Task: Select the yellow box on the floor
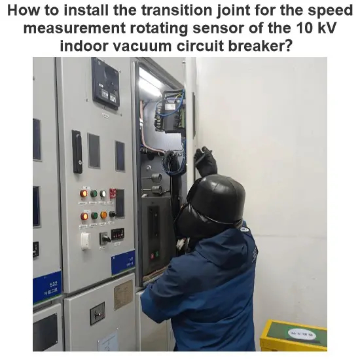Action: point(293,336)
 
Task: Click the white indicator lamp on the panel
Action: point(103,194)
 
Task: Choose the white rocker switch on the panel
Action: point(85,241)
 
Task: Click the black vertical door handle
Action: point(77,151)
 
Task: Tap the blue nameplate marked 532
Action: point(46,287)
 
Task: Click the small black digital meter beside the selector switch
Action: point(118,234)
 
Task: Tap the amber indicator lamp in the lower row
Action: point(103,215)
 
